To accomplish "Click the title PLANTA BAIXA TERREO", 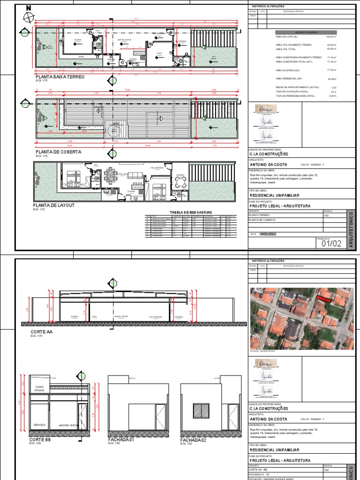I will [60, 76].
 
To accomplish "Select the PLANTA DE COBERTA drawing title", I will [58, 152].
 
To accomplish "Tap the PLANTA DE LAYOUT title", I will [53, 205].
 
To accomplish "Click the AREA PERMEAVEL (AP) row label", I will [288, 79].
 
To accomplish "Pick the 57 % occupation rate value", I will [334, 91].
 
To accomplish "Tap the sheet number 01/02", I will [330, 243].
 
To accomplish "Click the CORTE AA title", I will [38, 331].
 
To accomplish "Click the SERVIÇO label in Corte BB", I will [39, 425].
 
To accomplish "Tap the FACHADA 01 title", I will [121, 440].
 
